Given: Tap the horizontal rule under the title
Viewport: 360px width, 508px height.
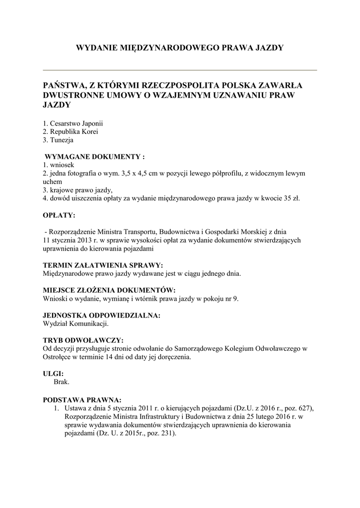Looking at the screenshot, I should pos(180,70).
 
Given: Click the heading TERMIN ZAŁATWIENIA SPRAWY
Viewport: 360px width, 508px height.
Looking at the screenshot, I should pos(103,265).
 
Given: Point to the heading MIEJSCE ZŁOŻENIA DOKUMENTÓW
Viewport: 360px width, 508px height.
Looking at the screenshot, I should pos(109,290).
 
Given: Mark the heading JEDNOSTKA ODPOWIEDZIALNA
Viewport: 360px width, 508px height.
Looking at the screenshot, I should pos(102,315).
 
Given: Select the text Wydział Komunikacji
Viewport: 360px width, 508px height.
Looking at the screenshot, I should pos(75,323).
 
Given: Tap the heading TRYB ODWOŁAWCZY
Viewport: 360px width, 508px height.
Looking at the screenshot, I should pos(83,340).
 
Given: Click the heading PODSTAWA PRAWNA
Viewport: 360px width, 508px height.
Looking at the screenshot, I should pos(82,399).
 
